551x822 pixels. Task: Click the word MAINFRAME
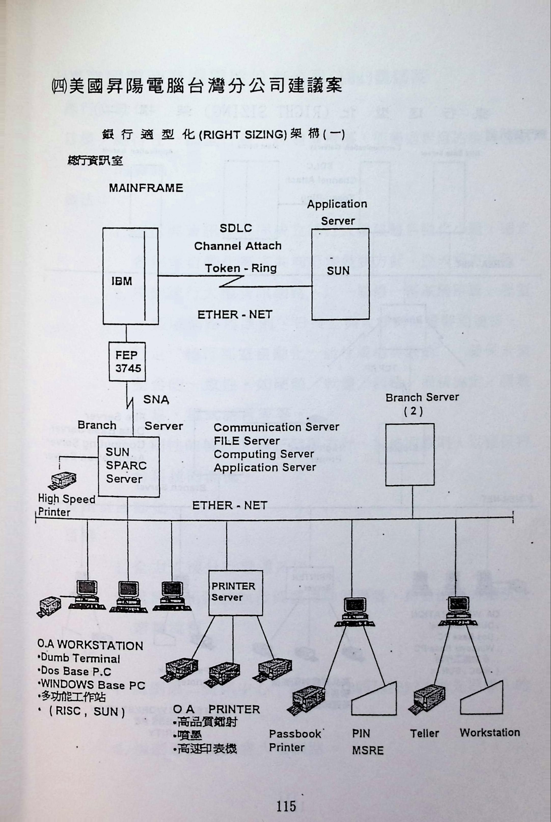[146, 188]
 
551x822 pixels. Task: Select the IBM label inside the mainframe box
[122, 281]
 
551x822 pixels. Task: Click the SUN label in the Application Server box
[338, 271]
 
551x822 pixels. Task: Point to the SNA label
[156, 400]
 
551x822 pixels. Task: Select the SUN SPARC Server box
[128, 466]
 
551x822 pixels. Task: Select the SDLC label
[236, 228]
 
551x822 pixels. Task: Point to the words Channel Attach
[238, 246]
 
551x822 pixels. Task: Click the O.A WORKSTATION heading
[90, 645]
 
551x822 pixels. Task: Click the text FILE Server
[247, 441]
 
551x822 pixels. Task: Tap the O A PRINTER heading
[216, 709]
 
